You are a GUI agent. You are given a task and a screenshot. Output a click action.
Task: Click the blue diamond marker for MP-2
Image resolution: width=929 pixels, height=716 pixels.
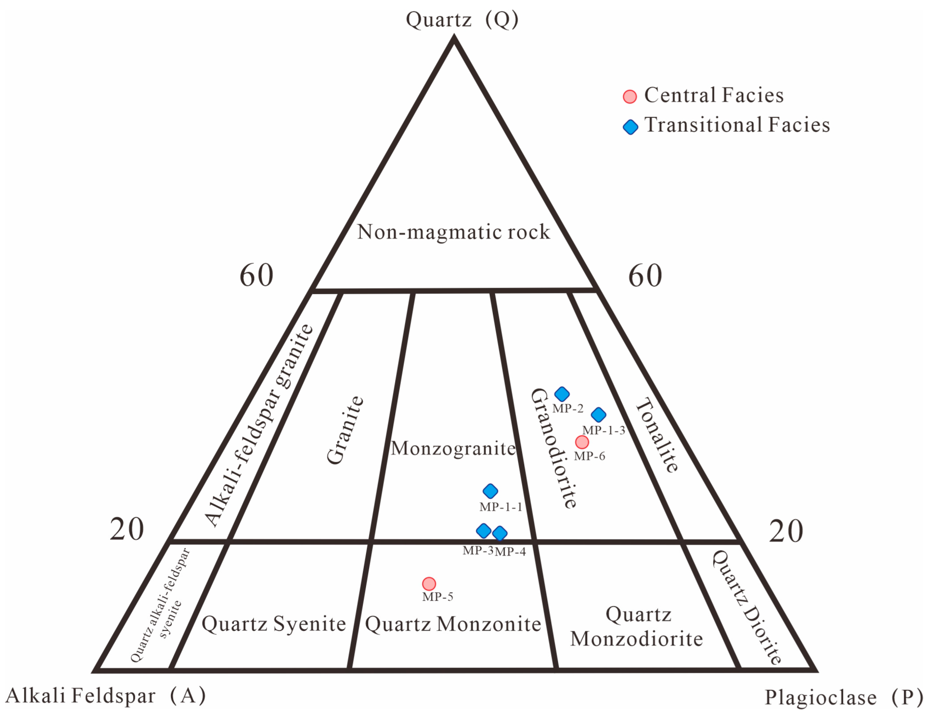(x=562, y=394)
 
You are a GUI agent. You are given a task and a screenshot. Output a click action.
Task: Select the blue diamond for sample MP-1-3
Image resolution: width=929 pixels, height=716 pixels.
(x=598, y=415)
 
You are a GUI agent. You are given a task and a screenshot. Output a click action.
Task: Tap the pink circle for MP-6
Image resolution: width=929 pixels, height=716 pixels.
(x=582, y=442)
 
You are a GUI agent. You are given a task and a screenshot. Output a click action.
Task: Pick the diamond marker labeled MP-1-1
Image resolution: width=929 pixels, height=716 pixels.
(x=490, y=491)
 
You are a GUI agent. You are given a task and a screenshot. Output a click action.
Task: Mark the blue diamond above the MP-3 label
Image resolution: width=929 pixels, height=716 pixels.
(x=483, y=531)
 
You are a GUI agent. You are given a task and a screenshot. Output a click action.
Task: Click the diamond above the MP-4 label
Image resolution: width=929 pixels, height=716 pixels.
(x=500, y=533)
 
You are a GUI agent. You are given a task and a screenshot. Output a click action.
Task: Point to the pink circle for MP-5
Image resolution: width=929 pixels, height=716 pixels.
(x=429, y=584)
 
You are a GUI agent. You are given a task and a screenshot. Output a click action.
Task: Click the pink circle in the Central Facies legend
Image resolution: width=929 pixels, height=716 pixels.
(x=630, y=97)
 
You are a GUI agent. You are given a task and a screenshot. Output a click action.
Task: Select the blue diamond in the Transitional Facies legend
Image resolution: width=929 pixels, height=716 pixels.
(x=630, y=127)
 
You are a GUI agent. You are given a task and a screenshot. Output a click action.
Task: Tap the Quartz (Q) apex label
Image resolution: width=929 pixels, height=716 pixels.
(x=462, y=20)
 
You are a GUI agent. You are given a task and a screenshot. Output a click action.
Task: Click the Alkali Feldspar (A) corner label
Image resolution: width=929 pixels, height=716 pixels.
(x=106, y=695)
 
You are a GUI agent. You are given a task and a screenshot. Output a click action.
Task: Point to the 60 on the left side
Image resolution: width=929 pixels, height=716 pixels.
(x=256, y=275)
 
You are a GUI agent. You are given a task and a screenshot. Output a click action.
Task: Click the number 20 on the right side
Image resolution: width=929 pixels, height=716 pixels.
(x=786, y=531)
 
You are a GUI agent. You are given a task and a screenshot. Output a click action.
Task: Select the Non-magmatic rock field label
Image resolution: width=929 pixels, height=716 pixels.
(x=453, y=232)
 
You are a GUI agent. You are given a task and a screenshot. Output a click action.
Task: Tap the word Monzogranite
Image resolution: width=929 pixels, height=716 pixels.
(x=453, y=448)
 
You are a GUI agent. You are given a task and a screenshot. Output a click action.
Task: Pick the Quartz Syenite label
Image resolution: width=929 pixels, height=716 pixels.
(x=273, y=624)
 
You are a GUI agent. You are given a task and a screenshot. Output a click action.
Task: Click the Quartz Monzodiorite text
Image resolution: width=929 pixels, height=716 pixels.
(x=637, y=626)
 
